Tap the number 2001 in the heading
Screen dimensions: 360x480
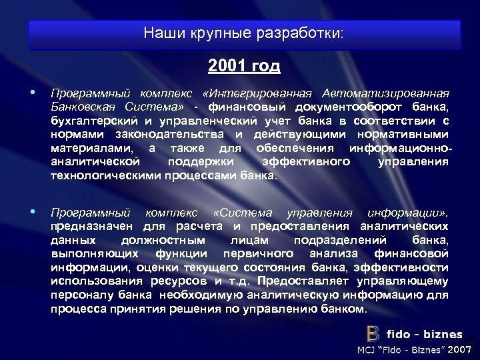click(x=225, y=67)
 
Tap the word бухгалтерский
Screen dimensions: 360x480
click(x=89, y=121)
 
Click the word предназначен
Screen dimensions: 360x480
click(x=93, y=227)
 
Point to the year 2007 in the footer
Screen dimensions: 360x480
click(x=460, y=350)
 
